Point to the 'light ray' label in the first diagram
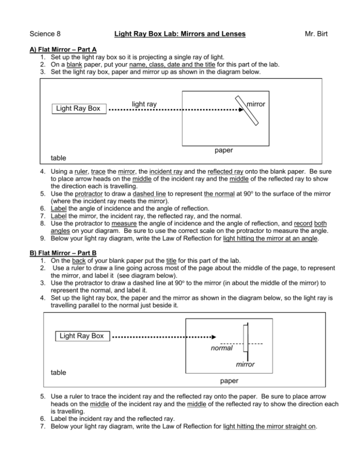point(144,104)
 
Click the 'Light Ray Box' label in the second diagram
point(82,336)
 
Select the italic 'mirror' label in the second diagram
point(245,364)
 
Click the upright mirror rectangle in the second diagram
point(245,337)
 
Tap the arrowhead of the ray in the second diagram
point(212,337)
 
